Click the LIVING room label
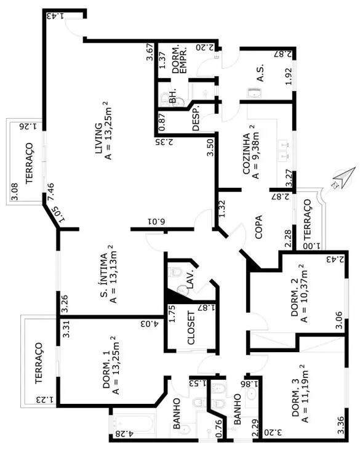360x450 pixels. click(x=98, y=139)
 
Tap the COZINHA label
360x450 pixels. click(x=246, y=154)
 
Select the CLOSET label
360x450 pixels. click(x=191, y=328)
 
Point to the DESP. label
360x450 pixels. click(x=196, y=121)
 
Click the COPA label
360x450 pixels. click(x=258, y=227)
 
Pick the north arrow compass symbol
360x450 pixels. click(x=343, y=178)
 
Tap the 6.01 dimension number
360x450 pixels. click(x=156, y=221)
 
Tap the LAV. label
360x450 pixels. click(x=191, y=279)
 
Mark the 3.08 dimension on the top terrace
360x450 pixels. click(x=14, y=191)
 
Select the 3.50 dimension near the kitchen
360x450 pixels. click(x=210, y=147)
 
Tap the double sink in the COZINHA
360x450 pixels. click(x=284, y=150)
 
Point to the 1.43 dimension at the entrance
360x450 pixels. click(x=55, y=16)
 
